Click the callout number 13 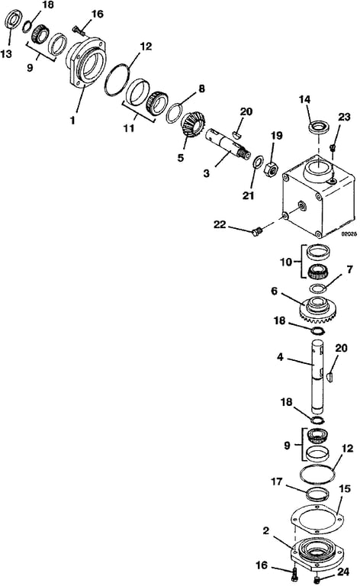click(x=6, y=54)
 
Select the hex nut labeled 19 click(x=271, y=169)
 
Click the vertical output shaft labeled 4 click(x=317, y=378)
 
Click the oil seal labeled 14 click(x=319, y=127)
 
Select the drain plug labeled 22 click(x=256, y=232)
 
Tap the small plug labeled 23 click(x=332, y=147)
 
